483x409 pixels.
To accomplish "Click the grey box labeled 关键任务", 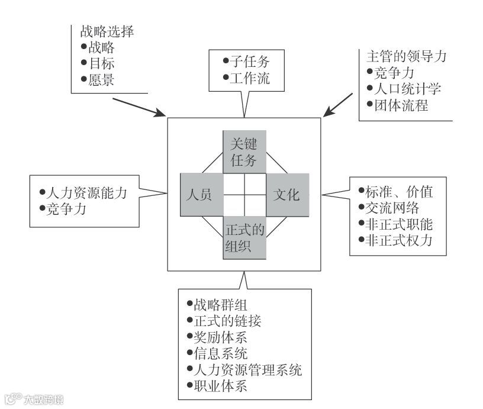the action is [244, 152].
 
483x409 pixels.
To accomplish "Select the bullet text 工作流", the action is [249, 78].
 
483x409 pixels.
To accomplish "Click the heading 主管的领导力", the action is [407, 57].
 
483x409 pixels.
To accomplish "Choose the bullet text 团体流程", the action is [400, 107].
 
